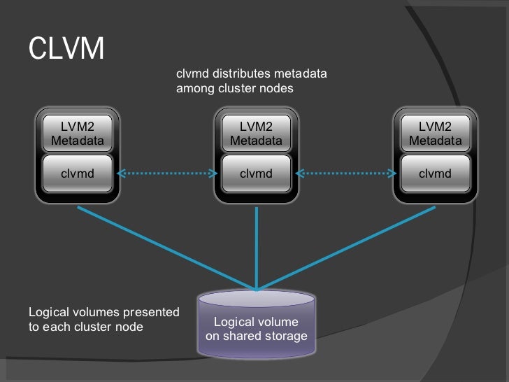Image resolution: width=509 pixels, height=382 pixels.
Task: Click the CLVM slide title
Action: click(66, 48)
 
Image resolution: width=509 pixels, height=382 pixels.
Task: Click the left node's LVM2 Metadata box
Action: click(78, 134)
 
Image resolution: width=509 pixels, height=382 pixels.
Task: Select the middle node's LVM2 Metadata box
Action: click(257, 134)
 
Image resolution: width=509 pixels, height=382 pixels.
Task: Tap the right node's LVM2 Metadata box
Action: click(436, 134)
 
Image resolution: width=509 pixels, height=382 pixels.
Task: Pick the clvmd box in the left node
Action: click(78, 174)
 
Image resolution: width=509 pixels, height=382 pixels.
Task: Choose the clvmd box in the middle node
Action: click(257, 174)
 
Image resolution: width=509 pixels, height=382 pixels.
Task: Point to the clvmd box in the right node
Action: click(436, 174)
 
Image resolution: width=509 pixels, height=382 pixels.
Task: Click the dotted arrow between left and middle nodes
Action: click(167, 174)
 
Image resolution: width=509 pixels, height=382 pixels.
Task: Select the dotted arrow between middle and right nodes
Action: click(346, 174)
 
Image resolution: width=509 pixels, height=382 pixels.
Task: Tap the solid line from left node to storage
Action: click(167, 248)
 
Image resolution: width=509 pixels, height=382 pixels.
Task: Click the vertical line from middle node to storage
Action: click(257, 248)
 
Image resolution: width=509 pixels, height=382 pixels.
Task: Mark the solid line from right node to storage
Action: click(346, 248)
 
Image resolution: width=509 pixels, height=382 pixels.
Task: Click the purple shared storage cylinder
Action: click(257, 324)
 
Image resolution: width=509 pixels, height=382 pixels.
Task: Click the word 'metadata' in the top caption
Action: click(300, 73)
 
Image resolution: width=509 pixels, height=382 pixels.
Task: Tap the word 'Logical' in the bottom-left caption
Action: click(49, 313)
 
